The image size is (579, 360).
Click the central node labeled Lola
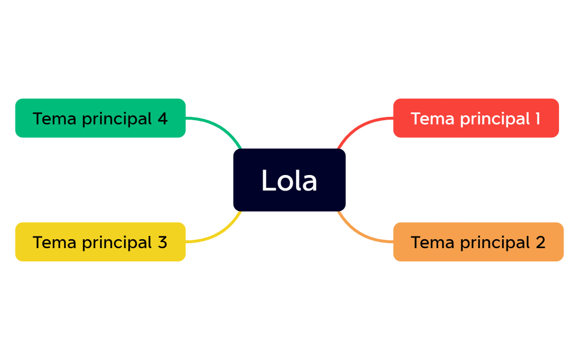click(x=289, y=180)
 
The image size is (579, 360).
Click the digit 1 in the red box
click(x=537, y=119)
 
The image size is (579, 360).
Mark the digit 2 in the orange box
click(x=540, y=242)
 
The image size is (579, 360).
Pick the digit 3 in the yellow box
click(x=162, y=242)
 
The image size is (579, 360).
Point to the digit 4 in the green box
click(x=162, y=119)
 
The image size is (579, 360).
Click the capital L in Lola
click(x=268, y=181)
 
